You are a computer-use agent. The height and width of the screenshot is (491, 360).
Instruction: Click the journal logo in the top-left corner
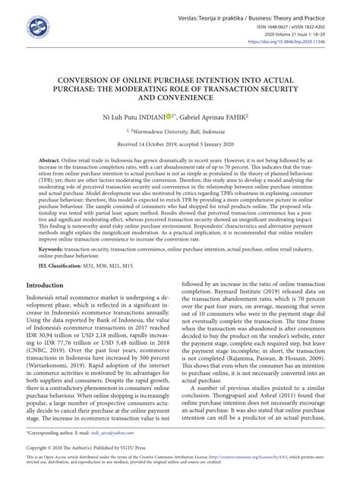pos(39,28)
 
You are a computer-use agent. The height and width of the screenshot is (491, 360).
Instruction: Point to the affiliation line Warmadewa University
pos(180,131)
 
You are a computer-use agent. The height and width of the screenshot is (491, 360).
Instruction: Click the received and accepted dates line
pos(180,145)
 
